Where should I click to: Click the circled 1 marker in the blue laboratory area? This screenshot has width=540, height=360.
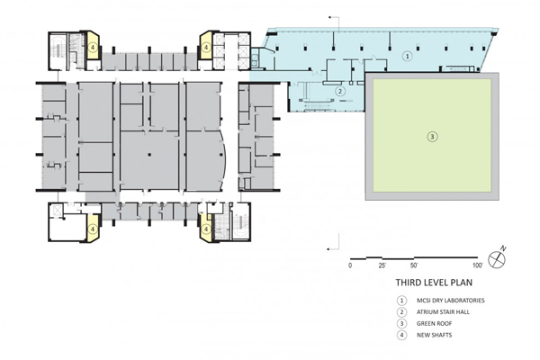(408, 56)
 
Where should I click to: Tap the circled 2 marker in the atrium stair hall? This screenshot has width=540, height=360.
(340, 91)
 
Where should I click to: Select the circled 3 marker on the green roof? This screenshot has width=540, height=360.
(433, 137)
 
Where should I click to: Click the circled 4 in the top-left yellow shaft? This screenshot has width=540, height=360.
(92, 46)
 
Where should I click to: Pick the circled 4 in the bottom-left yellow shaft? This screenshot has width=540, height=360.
(92, 229)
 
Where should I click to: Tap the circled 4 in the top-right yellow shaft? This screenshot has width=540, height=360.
(206, 46)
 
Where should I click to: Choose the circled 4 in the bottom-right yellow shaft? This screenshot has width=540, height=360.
(206, 229)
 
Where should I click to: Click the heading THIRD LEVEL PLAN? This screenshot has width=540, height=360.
(434, 283)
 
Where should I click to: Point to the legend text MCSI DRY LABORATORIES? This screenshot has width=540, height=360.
(451, 301)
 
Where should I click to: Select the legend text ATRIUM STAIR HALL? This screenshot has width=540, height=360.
(443, 312)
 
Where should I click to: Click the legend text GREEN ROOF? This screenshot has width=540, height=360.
(434, 323)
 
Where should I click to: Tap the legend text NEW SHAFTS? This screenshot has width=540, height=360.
(434, 335)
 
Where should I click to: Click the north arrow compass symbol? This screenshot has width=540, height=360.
(497, 258)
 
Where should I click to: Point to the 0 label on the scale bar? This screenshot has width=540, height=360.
(350, 265)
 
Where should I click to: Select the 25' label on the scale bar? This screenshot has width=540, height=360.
(382, 265)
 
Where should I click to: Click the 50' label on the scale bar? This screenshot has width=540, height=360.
(414, 265)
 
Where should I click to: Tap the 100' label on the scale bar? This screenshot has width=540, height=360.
(478, 265)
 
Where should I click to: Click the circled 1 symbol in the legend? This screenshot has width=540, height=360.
(401, 301)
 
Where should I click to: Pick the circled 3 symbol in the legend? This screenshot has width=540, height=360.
(401, 323)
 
